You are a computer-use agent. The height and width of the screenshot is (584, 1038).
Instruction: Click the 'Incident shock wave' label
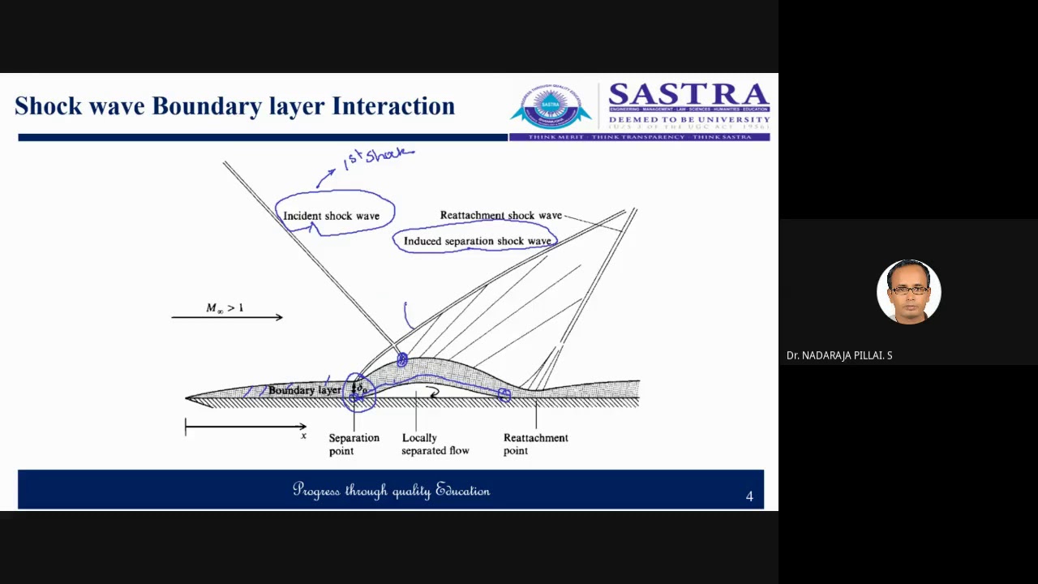pyautogui.click(x=331, y=216)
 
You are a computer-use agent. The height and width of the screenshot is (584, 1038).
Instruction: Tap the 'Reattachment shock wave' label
pyautogui.click(x=500, y=215)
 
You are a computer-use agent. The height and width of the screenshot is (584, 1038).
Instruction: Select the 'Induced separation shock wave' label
pyautogui.click(x=477, y=241)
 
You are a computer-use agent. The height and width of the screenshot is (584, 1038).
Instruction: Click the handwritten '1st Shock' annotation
pyautogui.click(x=378, y=157)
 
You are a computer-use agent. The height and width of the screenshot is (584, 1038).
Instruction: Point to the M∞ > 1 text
pyautogui.click(x=225, y=308)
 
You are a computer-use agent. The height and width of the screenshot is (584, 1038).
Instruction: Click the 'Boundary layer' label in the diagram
pyautogui.click(x=304, y=390)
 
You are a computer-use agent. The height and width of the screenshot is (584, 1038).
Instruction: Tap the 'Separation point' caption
pyautogui.click(x=354, y=444)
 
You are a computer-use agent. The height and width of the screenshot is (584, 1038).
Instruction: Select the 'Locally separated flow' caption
pyautogui.click(x=435, y=444)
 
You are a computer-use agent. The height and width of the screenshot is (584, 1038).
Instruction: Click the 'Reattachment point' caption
pyautogui.click(x=535, y=444)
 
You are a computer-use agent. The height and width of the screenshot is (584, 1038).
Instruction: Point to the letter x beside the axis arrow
pyautogui.click(x=304, y=436)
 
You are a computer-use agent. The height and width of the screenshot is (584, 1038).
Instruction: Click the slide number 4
pyautogui.click(x=749, y=496)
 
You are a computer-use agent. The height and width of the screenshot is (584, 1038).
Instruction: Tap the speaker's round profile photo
pyautogui.click(x=908, y=292)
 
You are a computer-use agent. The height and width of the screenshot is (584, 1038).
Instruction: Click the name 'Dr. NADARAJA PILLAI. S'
pyautogui.click(x=839, y=355)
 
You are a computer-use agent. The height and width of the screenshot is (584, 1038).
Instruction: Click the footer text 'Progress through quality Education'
pyautogui.click(x=391, y=490)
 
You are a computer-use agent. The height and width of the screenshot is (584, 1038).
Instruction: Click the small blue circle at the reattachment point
pyautogui.click(x=504, y=395)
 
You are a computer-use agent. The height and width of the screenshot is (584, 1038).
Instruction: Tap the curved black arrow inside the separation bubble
pyautogui.click(x=435, y=393)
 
